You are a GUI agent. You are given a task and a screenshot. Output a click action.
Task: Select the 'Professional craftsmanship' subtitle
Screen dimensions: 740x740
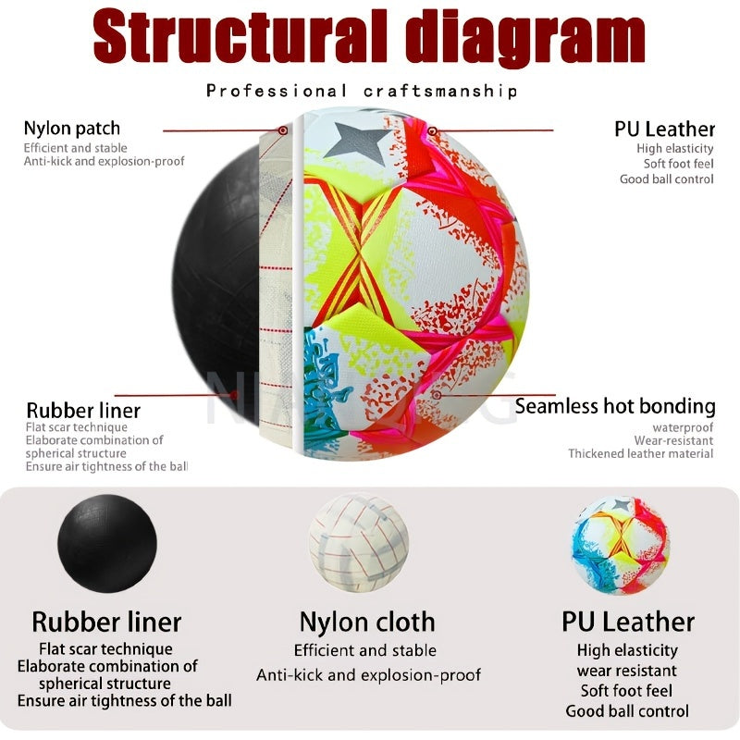[x=362, y=91]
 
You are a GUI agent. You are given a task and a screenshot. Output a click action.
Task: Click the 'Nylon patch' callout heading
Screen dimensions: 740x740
[x=72, y=129]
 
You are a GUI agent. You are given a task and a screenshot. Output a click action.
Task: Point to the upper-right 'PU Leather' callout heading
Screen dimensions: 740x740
[x=664, y=129]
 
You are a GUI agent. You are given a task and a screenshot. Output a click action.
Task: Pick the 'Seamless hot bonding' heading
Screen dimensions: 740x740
[x=615, y=406]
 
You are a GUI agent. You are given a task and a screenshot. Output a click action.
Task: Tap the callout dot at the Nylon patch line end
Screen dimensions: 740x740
[x=283, y=130]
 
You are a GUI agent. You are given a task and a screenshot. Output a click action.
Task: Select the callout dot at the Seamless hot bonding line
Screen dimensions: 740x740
[x=437, y=395]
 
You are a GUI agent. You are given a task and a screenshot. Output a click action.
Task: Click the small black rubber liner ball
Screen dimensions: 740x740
[x=107, y=543]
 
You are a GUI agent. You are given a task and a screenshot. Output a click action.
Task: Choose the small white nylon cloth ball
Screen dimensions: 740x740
[x=359, y=542]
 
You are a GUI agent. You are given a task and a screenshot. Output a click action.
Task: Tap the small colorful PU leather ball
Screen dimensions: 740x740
[x=621, y=545]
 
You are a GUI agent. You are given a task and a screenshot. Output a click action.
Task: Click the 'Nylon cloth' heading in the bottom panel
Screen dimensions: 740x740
[x=367, y=622]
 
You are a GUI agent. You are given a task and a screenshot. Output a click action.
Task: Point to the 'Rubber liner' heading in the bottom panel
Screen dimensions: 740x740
[x=106, y=622]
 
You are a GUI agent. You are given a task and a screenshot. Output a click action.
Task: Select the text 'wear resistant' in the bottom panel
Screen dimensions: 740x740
[x=627, y=671]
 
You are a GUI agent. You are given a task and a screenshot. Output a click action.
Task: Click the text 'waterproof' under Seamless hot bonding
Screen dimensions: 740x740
[x=683, y=427]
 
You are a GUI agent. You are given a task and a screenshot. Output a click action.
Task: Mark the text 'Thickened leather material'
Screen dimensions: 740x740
[x=640, y=453]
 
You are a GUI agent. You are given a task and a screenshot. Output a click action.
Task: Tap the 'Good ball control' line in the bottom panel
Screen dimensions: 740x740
[x=627, y=710]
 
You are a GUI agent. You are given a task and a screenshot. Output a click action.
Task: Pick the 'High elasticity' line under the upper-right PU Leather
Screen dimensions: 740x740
[x=675, y=149]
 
